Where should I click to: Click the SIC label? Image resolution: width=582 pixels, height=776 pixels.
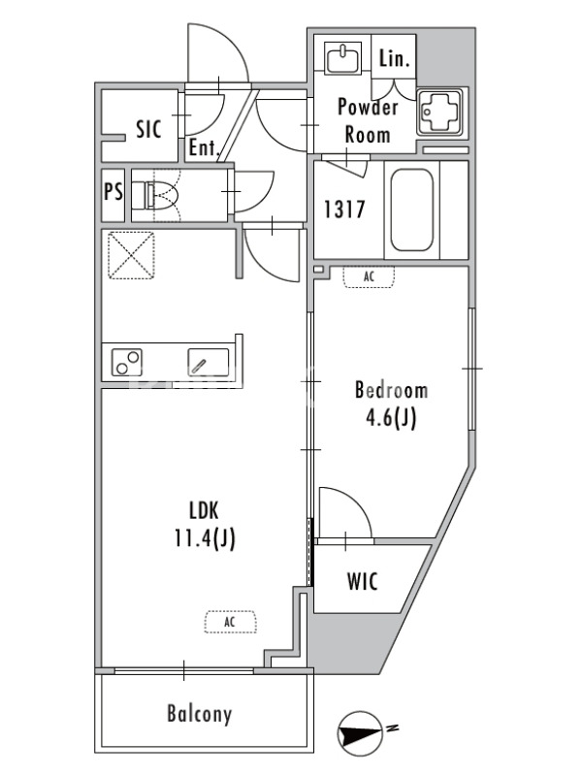pos(148,130)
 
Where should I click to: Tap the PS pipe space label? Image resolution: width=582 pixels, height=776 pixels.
pos(113,191)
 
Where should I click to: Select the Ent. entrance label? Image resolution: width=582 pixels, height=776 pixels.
pos(204,147)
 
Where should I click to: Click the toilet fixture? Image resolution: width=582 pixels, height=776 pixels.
pos(161,195)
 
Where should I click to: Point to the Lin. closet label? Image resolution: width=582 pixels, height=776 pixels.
pos(395,58)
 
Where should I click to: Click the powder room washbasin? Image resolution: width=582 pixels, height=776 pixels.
pos(342,58)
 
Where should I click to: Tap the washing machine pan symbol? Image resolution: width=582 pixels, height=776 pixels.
pos(439,112)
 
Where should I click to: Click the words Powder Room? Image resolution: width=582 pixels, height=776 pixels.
pos(368,120)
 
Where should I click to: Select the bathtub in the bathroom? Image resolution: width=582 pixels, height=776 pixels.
pos(411,210)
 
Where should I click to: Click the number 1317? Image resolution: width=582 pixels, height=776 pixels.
pos(344,210)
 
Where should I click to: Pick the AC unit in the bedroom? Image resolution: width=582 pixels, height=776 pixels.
pos(370,276)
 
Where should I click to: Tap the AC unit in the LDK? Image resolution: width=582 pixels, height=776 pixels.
pos(231,622)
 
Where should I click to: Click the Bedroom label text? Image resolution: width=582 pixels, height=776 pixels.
pos(391,391)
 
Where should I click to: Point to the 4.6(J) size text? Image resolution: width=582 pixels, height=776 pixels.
pos(391,419)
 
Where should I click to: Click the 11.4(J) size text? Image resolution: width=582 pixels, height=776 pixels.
pos(205,538)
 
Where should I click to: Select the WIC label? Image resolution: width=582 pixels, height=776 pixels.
pos(362,581)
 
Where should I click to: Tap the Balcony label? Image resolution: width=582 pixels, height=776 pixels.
pos(200,714)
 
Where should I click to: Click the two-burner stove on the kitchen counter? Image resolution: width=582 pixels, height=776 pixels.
pos(126,362)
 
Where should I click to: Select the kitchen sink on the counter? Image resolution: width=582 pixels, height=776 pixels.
pos(209,362)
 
